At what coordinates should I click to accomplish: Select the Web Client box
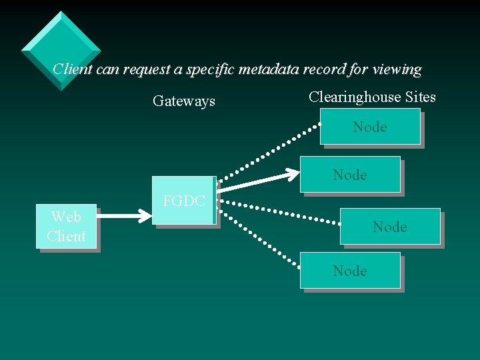pos(66,227)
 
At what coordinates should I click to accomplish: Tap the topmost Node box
pos(369,127)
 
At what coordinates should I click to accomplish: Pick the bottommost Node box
pos(351,271)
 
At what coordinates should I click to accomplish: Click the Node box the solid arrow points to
pos(351,175)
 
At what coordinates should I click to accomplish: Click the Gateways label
pos(184,101)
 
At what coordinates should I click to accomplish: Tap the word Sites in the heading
pos(418,97)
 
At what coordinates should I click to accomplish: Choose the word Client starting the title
pos(73,69)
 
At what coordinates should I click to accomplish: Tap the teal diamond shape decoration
pos(61,50)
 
